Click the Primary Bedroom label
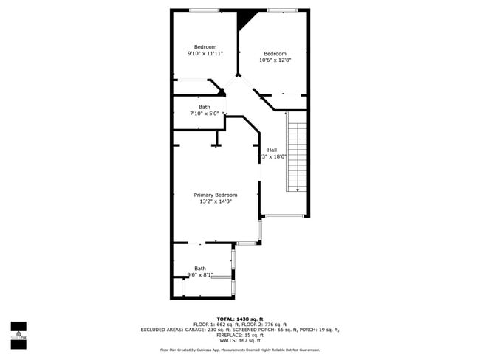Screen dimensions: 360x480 (216, 195)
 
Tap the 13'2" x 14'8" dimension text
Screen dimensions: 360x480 (216, 201)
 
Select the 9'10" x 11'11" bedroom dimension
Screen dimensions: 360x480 (205, 53)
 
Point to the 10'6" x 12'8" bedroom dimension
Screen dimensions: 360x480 (275, 60)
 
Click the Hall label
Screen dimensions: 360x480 (272, 150)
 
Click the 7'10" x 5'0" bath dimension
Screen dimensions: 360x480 (204, 114)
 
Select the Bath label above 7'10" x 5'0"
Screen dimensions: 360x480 (204, 107)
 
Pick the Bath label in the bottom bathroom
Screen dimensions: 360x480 (200, 268)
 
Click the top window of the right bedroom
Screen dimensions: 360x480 (278, 10)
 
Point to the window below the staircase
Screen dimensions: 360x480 (284, 216)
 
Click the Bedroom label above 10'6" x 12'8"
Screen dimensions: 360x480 (275, 53)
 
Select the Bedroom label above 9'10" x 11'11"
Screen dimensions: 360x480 (205, 46)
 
